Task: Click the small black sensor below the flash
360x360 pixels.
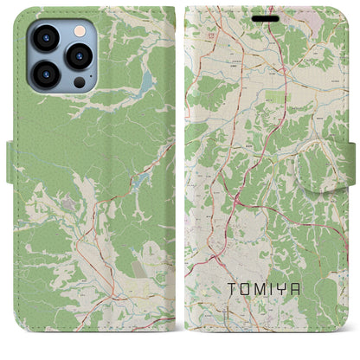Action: [x=79, y=81]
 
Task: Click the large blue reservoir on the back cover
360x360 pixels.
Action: [x=143, y=85]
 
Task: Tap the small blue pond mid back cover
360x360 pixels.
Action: [x=138, y=182]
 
